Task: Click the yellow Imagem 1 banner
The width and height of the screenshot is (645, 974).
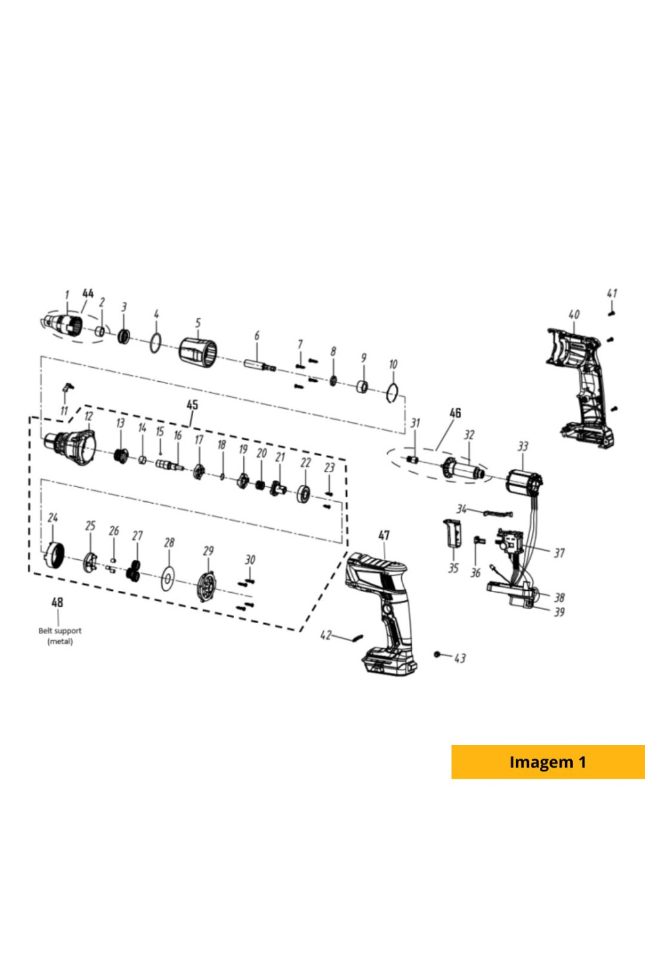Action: [x=548, y=762]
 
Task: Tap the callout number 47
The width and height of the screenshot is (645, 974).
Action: [x=384, y=535]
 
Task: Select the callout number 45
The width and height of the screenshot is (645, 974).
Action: [x=192, y=404]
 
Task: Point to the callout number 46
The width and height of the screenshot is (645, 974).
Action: [x=455, y=413]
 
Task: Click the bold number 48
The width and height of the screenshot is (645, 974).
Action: [x=57, y=602]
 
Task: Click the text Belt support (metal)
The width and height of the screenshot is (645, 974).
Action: [x=60, y=636]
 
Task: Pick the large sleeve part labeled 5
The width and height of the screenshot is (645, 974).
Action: [x=198, y=350]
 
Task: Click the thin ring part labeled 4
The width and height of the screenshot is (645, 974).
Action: [x=155, y=343]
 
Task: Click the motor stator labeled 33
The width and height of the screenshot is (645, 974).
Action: [x=526, y=482]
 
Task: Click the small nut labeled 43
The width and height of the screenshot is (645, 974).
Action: [x=437, y=655]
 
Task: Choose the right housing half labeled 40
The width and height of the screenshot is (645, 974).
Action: [x=580, y=388]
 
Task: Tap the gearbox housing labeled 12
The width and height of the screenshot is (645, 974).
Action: [x=70, y=448]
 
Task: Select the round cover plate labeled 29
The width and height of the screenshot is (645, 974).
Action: [x=206, y=588]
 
